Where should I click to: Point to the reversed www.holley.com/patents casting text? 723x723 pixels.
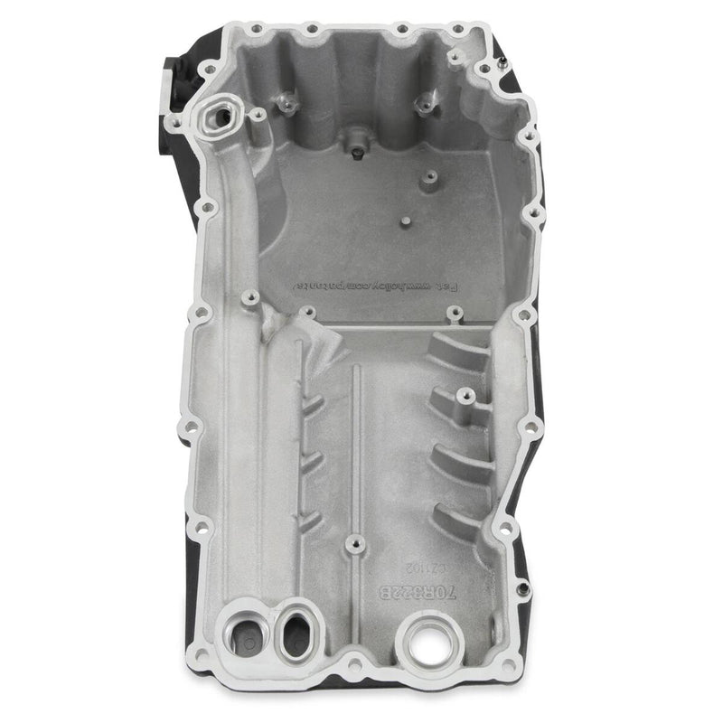click(x=379, y=285)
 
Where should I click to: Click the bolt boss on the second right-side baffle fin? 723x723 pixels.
click(x=463, y=394)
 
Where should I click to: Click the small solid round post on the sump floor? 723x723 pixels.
click(x=407, y=220)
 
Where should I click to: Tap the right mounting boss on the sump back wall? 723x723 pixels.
click(x=421, y=104)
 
